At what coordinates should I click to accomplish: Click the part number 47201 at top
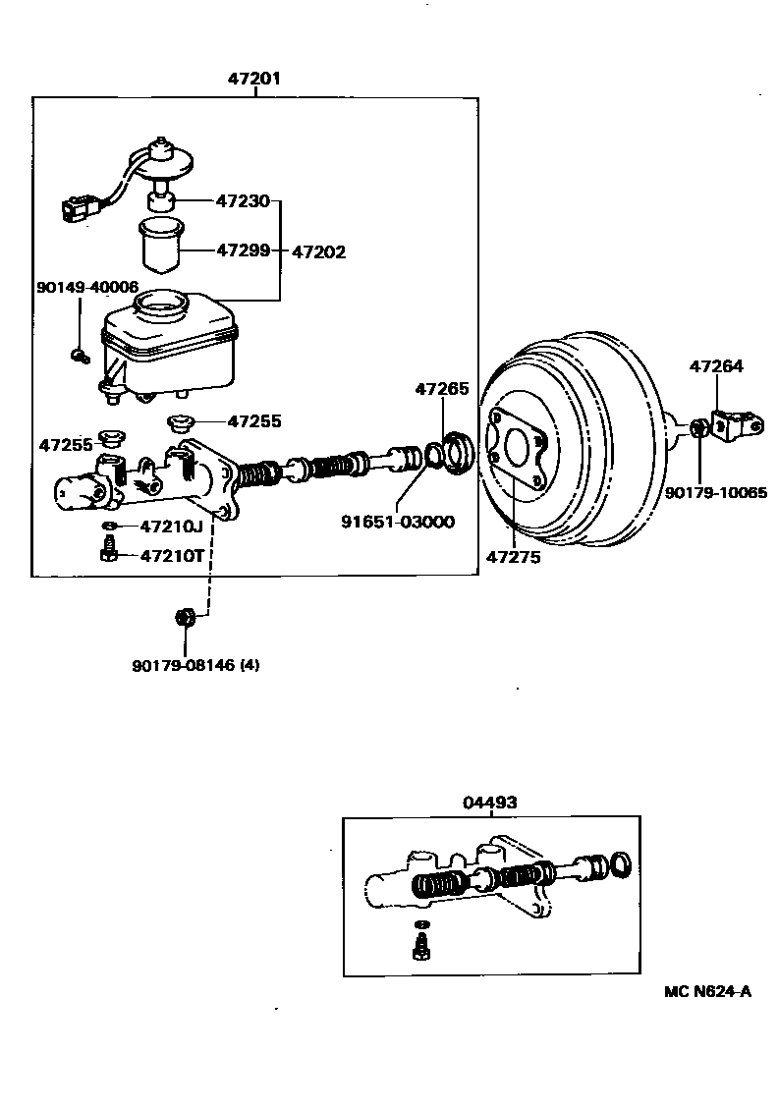[255, 78]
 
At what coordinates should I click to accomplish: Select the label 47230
[242, 200]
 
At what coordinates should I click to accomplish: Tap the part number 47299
[242, 250]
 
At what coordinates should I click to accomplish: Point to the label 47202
[318, 251]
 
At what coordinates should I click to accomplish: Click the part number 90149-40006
[86, 287]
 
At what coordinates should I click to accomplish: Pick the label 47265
[442, 389]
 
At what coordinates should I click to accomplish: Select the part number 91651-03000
[398, 521]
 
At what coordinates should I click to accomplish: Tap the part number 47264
[716, 366]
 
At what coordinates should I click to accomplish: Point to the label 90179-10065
[715, 493]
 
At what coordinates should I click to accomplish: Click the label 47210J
[171, 527]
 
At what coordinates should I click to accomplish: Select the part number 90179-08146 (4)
[195, 665]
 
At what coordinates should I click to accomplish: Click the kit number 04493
[489, 803]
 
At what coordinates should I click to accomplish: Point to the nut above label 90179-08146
[182, 617]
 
